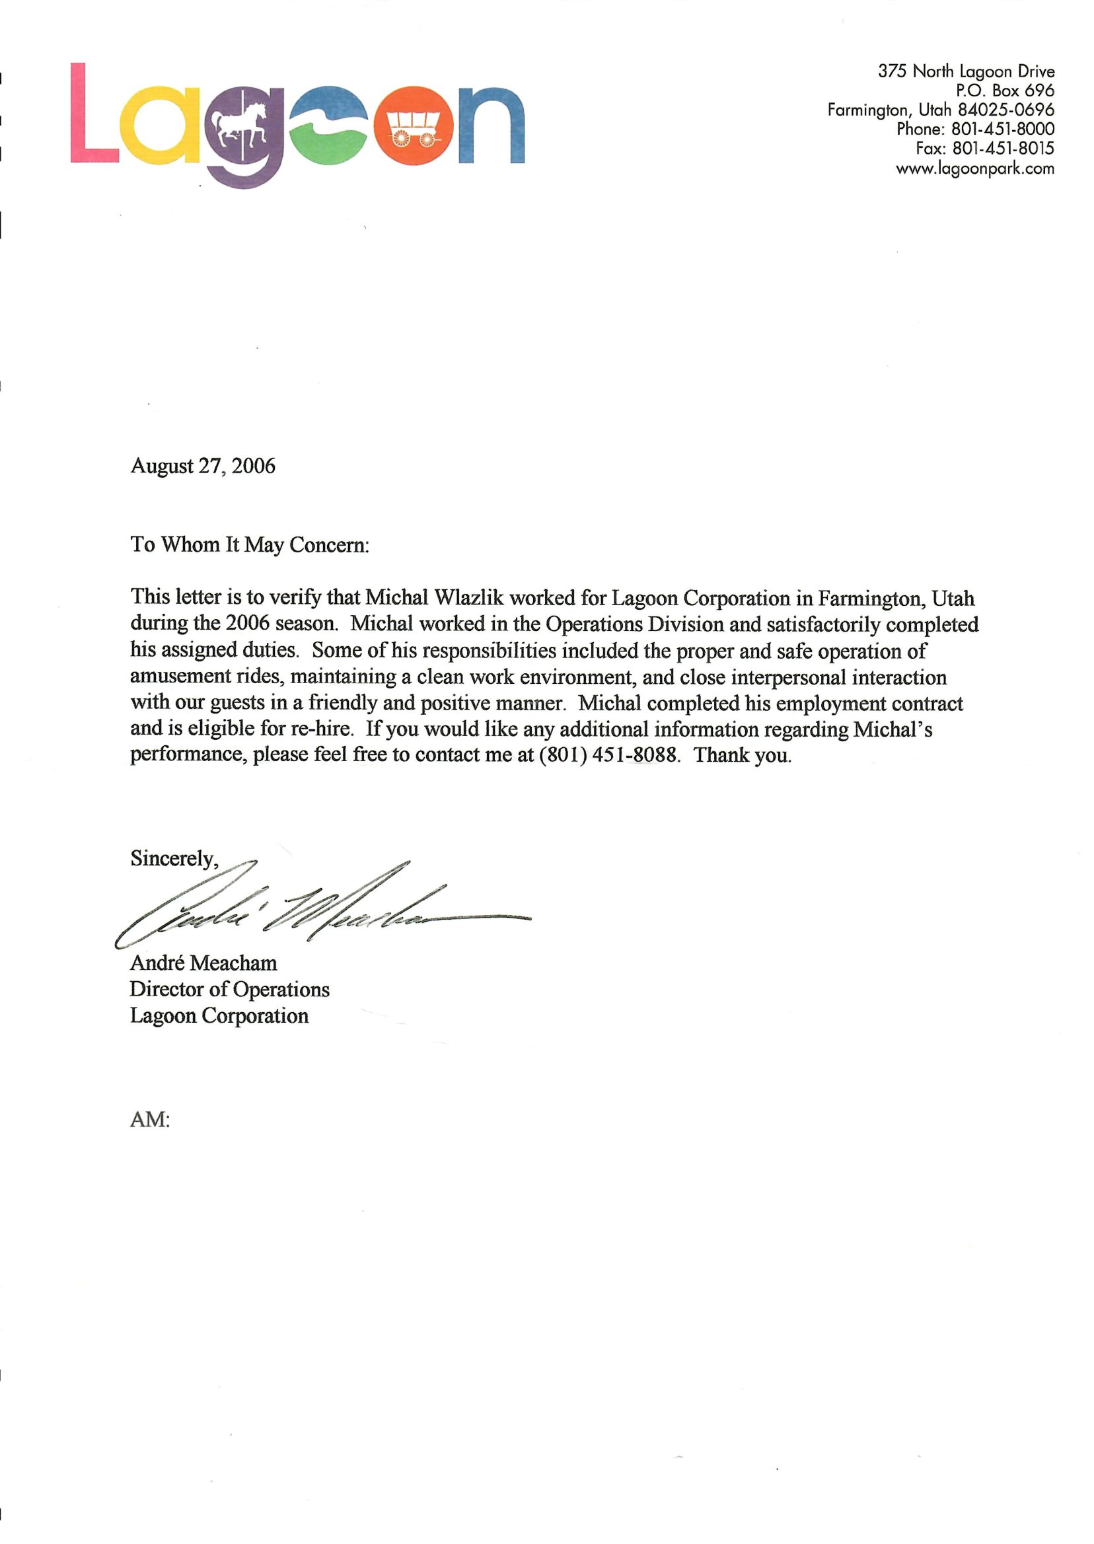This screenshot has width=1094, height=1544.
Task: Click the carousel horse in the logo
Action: point(240,124)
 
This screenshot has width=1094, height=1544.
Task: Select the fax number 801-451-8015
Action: point(1003,148)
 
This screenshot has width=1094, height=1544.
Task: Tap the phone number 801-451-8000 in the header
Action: point(1002,129)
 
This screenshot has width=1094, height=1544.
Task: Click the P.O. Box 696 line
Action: point(1005,91)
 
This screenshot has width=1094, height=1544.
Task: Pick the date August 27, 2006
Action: point(203,466)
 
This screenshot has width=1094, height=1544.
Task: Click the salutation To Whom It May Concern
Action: point(250,544)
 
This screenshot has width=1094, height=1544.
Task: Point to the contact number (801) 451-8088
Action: point(608,754)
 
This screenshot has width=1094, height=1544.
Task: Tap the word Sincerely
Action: point(173,858)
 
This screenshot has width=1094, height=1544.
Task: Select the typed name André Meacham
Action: point(203,963)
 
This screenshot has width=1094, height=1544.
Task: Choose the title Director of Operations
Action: point(230,989)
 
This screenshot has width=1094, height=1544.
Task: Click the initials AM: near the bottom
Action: point(149,1120)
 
